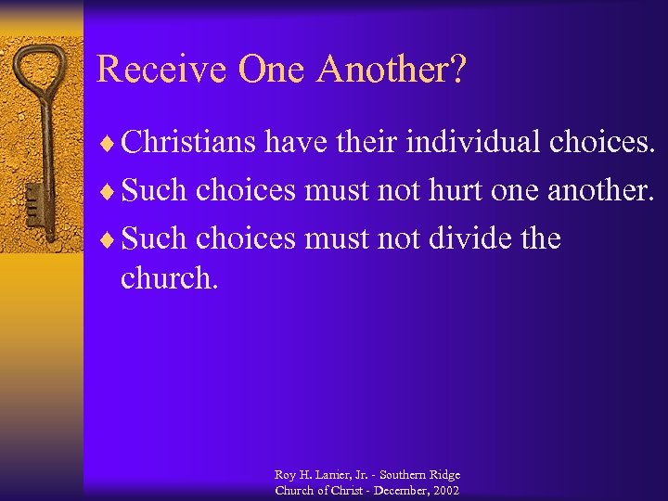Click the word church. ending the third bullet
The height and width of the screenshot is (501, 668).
click(170, 278)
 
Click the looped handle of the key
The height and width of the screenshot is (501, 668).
click(43, 74)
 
